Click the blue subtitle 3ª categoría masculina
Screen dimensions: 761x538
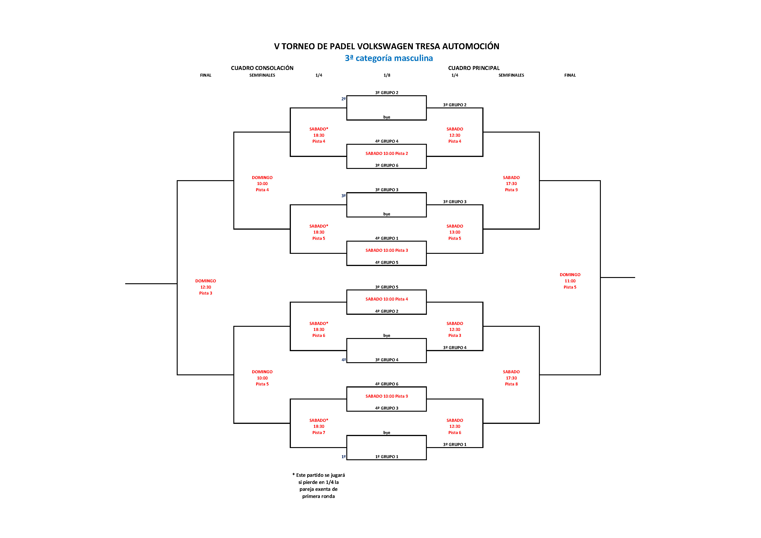pyautogui.click(x=389, y=58)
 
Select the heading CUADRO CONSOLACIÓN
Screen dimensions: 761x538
pyautogui.click(x=262, y=68)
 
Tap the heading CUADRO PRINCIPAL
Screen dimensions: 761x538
pyautogui.click(x=474, y=68)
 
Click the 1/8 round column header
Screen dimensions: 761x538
pyautogui.click(x=387, y=75)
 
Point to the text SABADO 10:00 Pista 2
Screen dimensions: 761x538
pyautogui.click(x=386, y=153)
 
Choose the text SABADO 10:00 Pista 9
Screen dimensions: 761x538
pyautogui.click(x=386, y=396)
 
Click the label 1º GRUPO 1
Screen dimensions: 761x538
pyautogui.click(x=386, y=457)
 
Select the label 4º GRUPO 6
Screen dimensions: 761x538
pyautogui.click(x=386, y=384)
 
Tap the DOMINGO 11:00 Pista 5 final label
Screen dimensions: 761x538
pyautogui.click(x=570, y=281)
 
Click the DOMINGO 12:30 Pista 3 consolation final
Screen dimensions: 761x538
pyautogui.click(x=205, y=287)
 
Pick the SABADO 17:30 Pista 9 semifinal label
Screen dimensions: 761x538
pyautogui.click(x=511, y=184)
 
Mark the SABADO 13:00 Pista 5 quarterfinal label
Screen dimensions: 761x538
pyautogui.click(x=454, y=232)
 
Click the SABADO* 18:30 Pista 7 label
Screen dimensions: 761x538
pyautogui.click(x=318, y=426)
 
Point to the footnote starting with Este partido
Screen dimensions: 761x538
pyautogui.click(x=318, y=486)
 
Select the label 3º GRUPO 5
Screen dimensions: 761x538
pyautogui.click(x=386, y=287)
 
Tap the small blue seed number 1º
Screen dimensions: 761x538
pyautogui.click(x=343, y=457)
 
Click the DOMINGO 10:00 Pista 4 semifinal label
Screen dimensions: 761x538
pyautogui.click(x=262, y=184)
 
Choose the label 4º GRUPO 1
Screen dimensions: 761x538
pyautogui.click(x=386, y=238)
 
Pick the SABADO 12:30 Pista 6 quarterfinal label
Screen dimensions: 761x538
pyautogui.click(x=454, y=426)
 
